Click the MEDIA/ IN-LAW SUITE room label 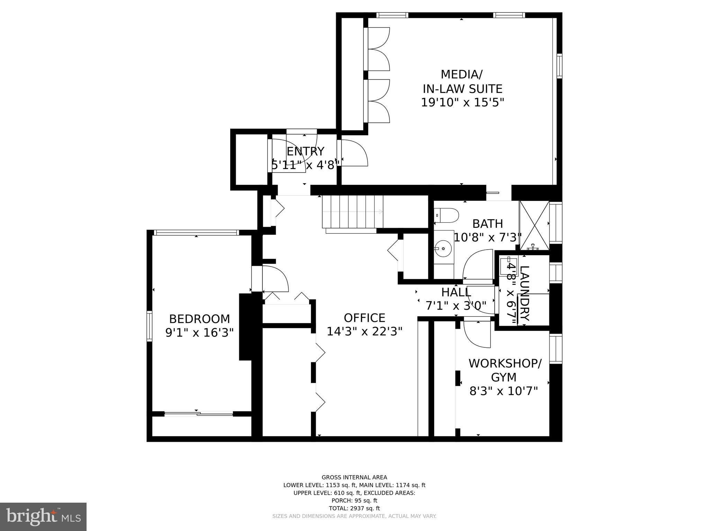pyautogui.click(x=462, y=82)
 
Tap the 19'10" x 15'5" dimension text pyautogui.click(x=462, y=103)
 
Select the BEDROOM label pyautogui.click(x=199, y=318)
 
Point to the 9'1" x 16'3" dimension pyautogui.click(x=199, y=333)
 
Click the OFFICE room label pyautogui.click(x=364, y=318)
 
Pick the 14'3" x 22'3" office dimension pyautogui.click(x=364, y=332)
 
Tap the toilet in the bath pyautogui.click(x=446, y=215)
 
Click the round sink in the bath pyautogui.click(x=443, y=249)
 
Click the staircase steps pyautogui.click(x=352, y=212)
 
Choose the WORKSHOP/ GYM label pyautogui.click(x=504, y=370)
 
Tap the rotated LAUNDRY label pyautogui.click(x=525, y=294)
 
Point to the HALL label pyautogui.click(x=456, y=292)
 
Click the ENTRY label pyautogui.click(x=305, y=151)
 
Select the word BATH pyautogui.click(x=487, y=224)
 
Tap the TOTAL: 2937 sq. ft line pyautogui.click(x=354, y=508)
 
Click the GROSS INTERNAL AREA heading pyautogui.click(x=354, y=477)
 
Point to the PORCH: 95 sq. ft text pyautogui.click(x=354, y=501)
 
